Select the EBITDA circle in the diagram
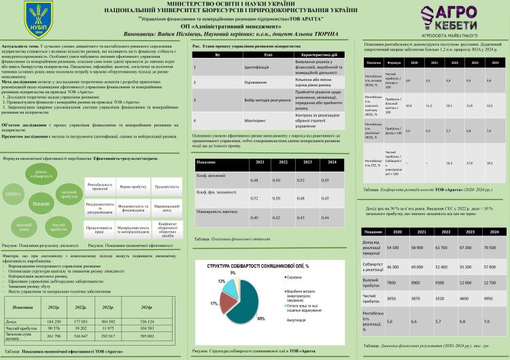(14, 194)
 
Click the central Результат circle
(41, 203)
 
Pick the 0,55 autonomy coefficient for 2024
(324, 180)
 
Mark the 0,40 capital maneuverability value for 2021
(254, 217)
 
